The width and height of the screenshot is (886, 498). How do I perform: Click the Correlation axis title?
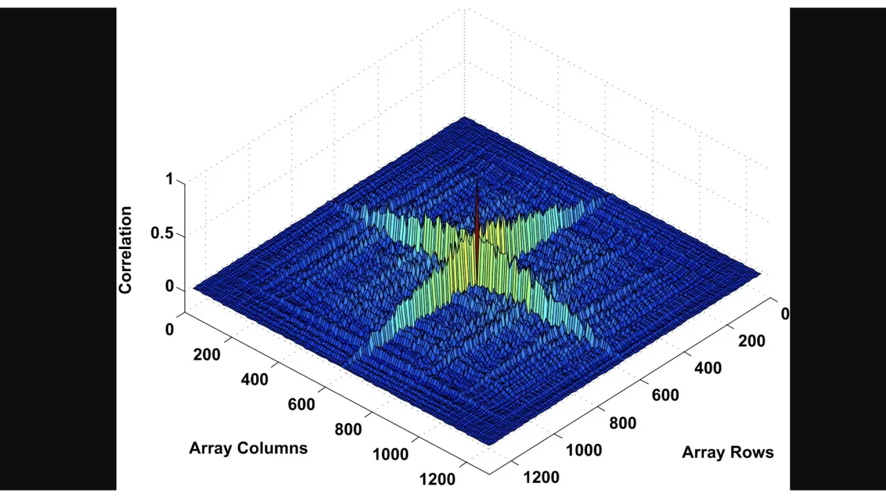coord(125,250)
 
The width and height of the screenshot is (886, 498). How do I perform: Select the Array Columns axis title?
coord(248,448)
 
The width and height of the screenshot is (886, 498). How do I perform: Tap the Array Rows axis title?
coord(727,452)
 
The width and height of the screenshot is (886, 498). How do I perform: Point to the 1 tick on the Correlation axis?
coord(170,179)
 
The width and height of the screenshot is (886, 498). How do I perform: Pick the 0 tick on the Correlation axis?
coord(170,287)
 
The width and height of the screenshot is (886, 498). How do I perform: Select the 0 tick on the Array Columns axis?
coord(170,330)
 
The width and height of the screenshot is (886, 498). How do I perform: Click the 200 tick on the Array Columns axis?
coord(207,355)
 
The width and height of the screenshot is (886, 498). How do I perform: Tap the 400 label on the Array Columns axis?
coord(254,380)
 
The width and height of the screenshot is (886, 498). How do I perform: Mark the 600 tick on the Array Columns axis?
coord(301,405)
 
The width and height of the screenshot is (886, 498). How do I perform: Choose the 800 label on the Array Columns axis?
coord(347,430)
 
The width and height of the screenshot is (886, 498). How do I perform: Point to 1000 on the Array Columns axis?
coord(390,454)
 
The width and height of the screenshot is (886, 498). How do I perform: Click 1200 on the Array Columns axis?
coord(437,479)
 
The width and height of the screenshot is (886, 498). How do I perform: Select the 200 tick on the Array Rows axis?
coord(751,341)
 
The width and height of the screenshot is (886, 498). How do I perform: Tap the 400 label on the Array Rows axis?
coord(707,369)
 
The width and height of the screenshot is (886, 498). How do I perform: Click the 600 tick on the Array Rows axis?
coord(665,396)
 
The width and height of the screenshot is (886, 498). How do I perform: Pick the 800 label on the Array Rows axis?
coord(622,423)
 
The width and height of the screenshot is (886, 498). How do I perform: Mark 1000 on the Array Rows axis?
coord(584,450)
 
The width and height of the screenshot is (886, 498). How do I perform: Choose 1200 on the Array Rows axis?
coord(541,477)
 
